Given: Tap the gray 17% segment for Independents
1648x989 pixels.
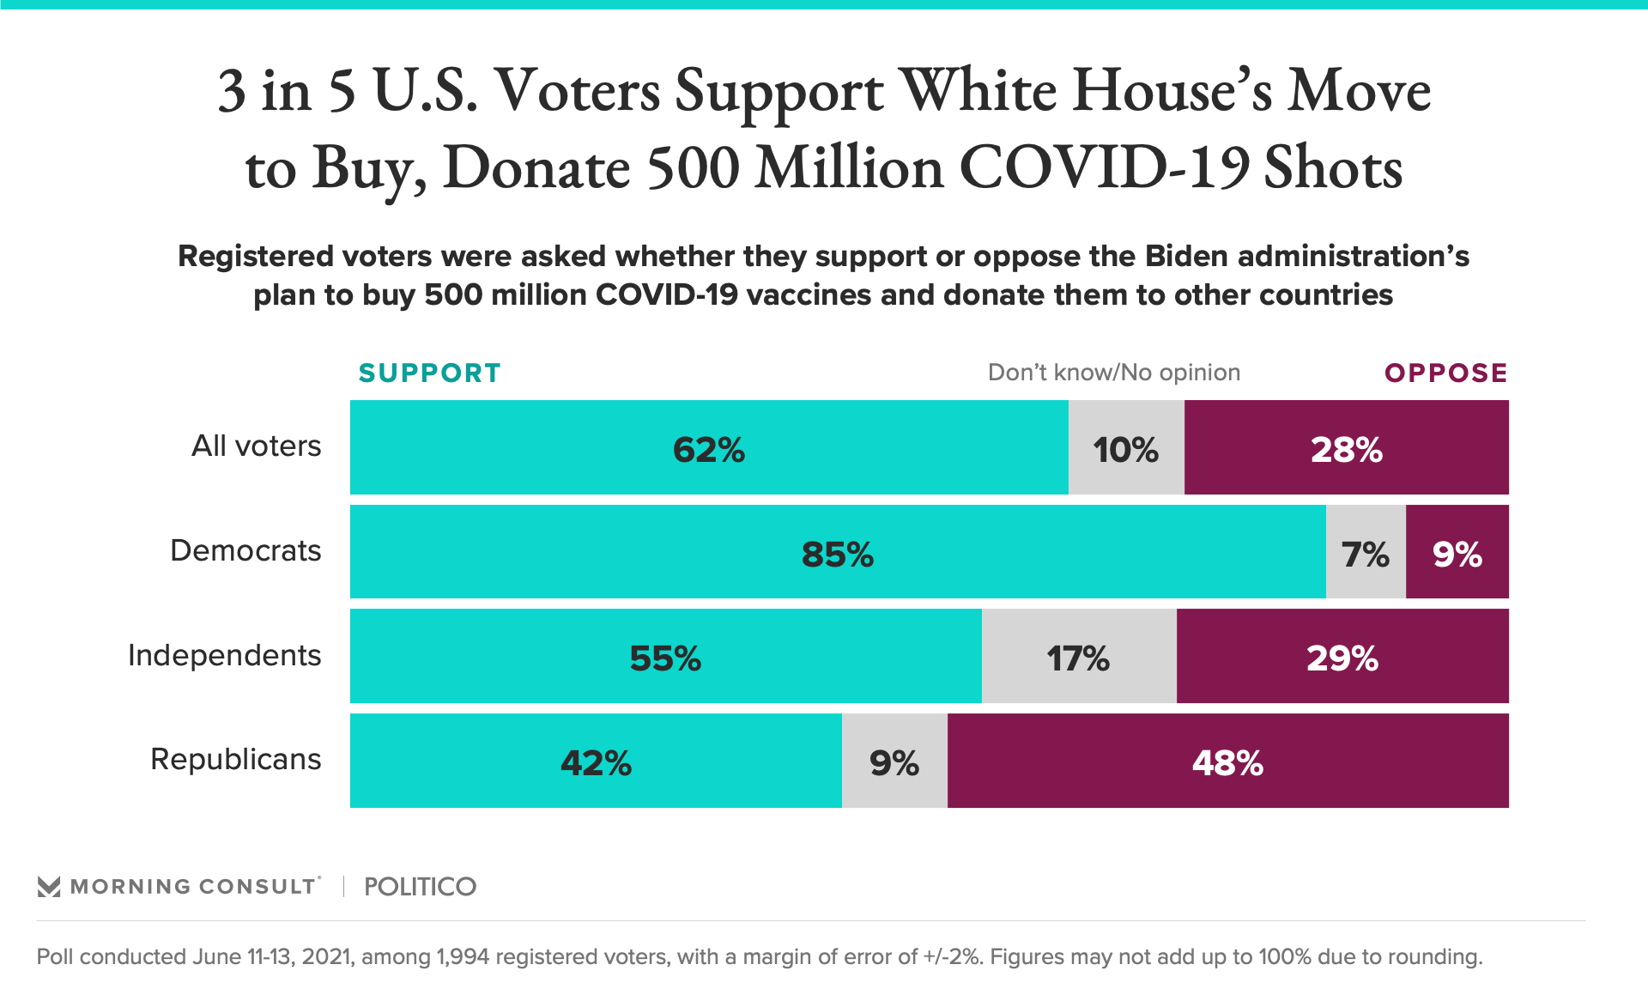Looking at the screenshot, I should (1078, 657).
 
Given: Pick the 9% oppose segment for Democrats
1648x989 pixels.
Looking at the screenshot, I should (1457, 552).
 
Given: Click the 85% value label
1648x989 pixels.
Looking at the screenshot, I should (838, 555).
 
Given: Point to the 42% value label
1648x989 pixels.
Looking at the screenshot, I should (596, 762).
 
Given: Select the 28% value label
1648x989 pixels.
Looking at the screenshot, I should (1346, 449).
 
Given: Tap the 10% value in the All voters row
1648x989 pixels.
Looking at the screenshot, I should (1125, 449).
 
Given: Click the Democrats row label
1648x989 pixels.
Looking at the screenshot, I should (245, 550).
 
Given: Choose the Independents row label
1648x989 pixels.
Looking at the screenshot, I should (224, 655).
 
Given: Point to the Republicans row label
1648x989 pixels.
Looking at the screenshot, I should (235, 759).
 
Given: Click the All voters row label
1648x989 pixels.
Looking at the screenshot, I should (256, 446).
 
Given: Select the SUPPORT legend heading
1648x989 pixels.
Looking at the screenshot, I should (429, 373).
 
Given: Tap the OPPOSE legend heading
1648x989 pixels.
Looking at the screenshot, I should (1445, 373).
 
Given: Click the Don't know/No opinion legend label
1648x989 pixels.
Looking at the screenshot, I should (1113, 373).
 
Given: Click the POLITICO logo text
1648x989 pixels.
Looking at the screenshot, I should (420, 886).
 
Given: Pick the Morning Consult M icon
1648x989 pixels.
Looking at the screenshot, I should (49, 886).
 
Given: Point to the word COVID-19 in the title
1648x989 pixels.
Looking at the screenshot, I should (1104, 167).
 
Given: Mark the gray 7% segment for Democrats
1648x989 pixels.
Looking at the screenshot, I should (1365, 552).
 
